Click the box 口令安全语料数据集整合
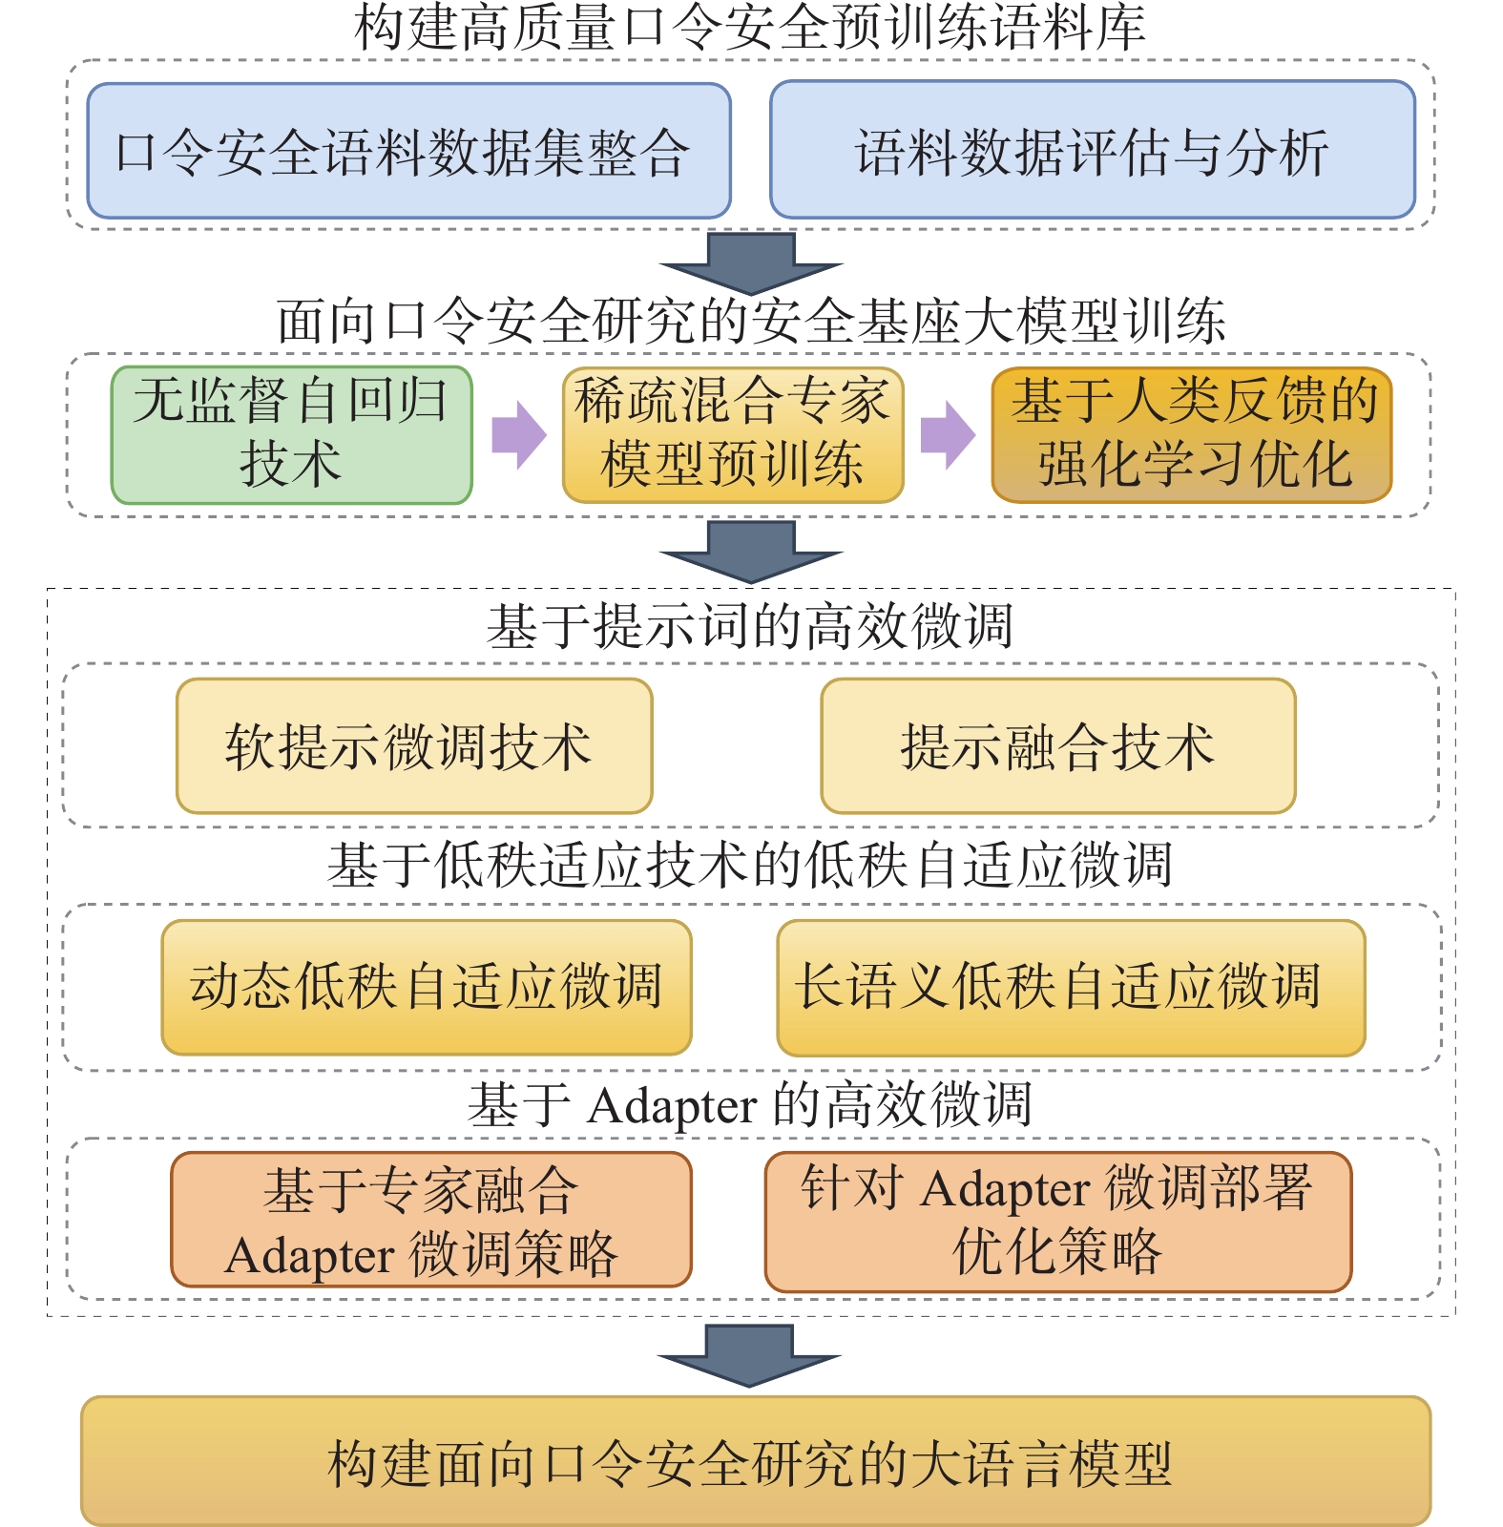[408, 151]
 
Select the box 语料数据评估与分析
[1092, 151]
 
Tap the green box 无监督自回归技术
[291, 434]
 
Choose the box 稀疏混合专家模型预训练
[732, 434]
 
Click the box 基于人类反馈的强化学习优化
[1192, 434]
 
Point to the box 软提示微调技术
[413, 745]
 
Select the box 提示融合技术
[1057, 745]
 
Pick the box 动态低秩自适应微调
[426, 987]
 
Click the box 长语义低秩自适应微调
[1070, 987]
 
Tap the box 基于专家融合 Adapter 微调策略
[430, 1220]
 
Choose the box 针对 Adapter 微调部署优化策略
[1057, 1221]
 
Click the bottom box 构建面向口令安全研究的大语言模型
[755, 1461]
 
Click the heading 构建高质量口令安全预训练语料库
[750, 27]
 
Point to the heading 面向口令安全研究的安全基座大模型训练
[750, 321]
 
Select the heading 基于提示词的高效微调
[750, 626]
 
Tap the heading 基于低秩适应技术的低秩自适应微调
[750, 865]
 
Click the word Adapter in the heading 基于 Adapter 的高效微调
[673, 1107]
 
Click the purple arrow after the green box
[518, 434]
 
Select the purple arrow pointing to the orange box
[947, 434]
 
